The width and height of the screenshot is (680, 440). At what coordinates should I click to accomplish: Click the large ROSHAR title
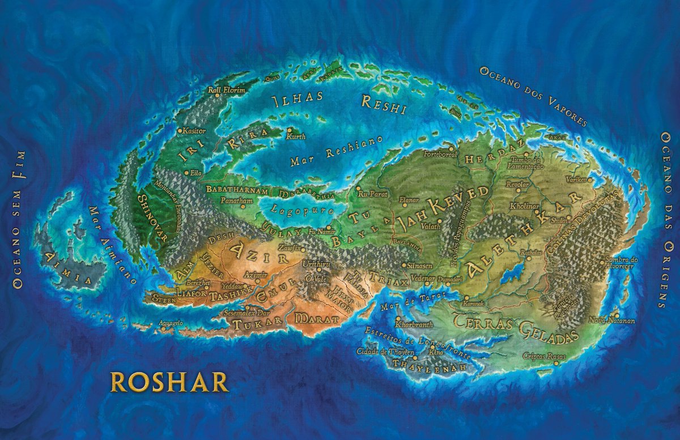[169, 382]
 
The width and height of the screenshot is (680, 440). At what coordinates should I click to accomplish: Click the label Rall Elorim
[226, 89]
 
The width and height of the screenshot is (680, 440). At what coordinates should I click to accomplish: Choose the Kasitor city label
[194, 131]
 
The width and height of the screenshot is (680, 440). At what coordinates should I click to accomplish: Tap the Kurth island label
[296, 136]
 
